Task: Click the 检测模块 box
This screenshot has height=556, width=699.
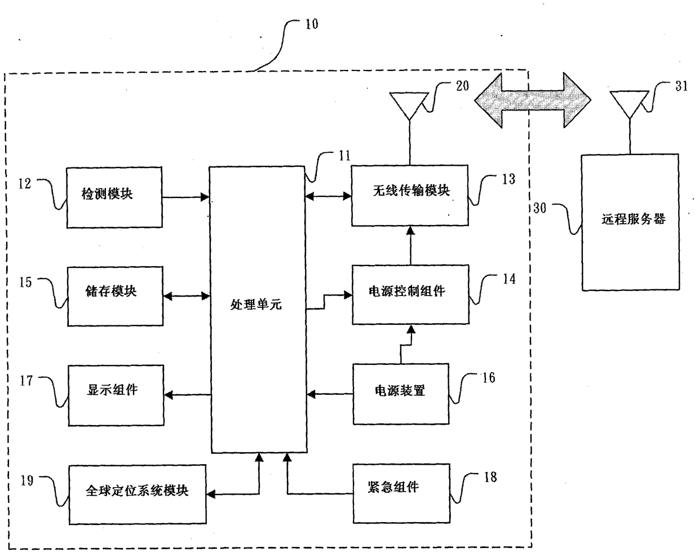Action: tap(114, 197)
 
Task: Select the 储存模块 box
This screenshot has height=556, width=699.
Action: tap(116, 296)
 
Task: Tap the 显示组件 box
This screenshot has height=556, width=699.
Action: tap(116, 395)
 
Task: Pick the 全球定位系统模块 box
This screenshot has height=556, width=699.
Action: tap(138, 495)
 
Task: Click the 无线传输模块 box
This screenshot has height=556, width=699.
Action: tap(410, 195)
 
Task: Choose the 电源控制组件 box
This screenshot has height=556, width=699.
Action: tap(410, 295)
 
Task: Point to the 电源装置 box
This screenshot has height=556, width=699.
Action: tap(401, 394)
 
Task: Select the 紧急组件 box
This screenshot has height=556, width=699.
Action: tap(401, 493)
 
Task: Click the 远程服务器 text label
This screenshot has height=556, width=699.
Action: tap(634, 219)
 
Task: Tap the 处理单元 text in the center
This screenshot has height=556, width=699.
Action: tap(256, 305)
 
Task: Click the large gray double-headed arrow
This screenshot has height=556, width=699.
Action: tap(533, 100)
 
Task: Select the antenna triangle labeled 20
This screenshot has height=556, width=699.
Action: tap(409, 103)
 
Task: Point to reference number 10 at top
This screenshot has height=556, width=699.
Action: tap(312, 24)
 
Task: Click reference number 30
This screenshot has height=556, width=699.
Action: tap(540, 208)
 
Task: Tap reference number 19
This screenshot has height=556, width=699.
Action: tap(27, 480)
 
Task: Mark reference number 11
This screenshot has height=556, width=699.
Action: tap(345, 156)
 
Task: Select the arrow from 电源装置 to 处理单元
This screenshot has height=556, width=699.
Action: tap(330, 394)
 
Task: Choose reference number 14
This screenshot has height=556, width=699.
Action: tap(509, 279)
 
